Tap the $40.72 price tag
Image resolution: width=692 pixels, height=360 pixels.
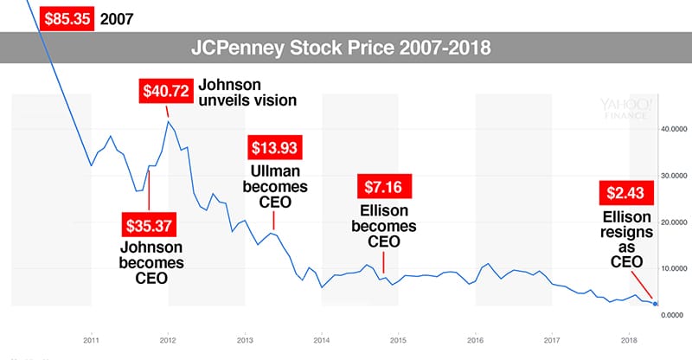coord(166,90)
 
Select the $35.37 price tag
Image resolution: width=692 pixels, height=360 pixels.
coord(150,228)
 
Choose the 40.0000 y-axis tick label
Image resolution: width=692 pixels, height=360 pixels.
coord(673,129)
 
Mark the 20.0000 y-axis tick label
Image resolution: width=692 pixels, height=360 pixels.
coord(673,222)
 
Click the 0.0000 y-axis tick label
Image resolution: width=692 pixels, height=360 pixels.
coord(673,315)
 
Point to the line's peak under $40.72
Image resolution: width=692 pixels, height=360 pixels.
coord(168,121)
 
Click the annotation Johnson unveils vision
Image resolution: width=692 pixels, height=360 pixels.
coord(247,93)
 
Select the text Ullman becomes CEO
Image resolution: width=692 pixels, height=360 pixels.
coord(273,187)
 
